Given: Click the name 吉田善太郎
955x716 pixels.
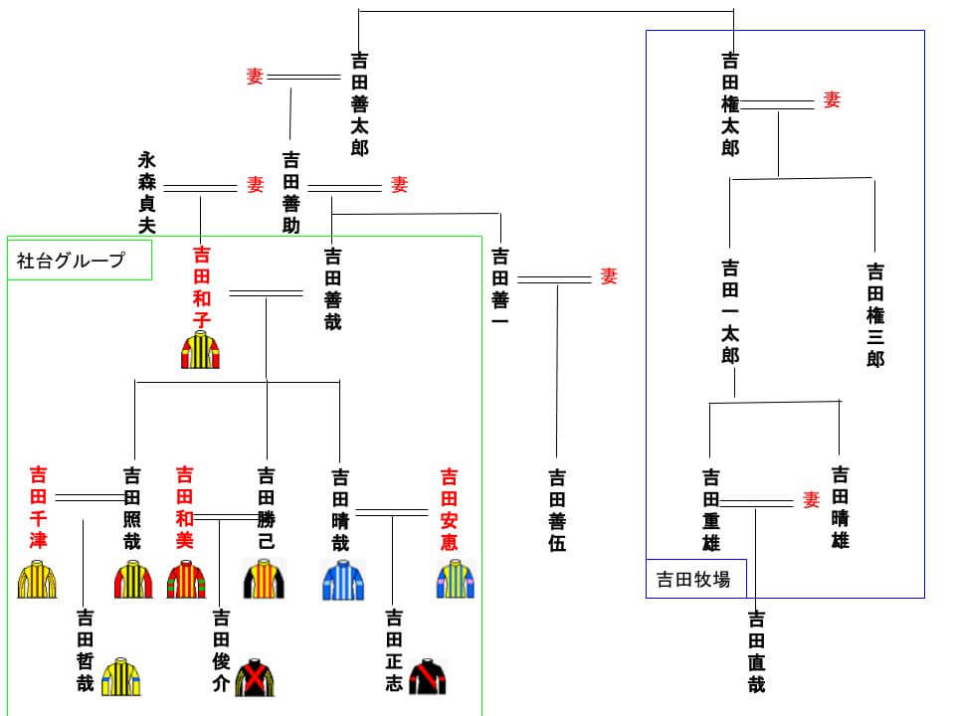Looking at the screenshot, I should [x=359, y=104].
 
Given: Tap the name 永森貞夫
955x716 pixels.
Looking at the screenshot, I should [x=147, y=192].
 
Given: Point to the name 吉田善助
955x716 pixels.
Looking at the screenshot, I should [x=291, y=192].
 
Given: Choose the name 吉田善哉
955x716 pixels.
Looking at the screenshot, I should [x=333, y=289].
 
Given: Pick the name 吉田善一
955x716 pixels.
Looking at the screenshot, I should [x=500, y=289].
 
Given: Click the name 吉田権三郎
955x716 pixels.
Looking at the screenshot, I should [x=875, y=314].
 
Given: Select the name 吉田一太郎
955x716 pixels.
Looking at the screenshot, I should [x=731, y=311].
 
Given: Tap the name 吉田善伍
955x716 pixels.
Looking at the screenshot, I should [x=556, y=510].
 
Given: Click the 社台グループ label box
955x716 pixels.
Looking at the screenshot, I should [x=79, y=261].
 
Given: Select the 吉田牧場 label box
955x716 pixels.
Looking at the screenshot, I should [x=695, y=579].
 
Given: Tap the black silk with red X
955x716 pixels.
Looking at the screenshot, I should [x=255, y=677].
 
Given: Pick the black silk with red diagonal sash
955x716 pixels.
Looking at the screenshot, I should [x=428, y=676].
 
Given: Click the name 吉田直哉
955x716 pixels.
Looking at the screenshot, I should [x=756, y=651].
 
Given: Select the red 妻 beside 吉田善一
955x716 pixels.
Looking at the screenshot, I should [x=608, y=276].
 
